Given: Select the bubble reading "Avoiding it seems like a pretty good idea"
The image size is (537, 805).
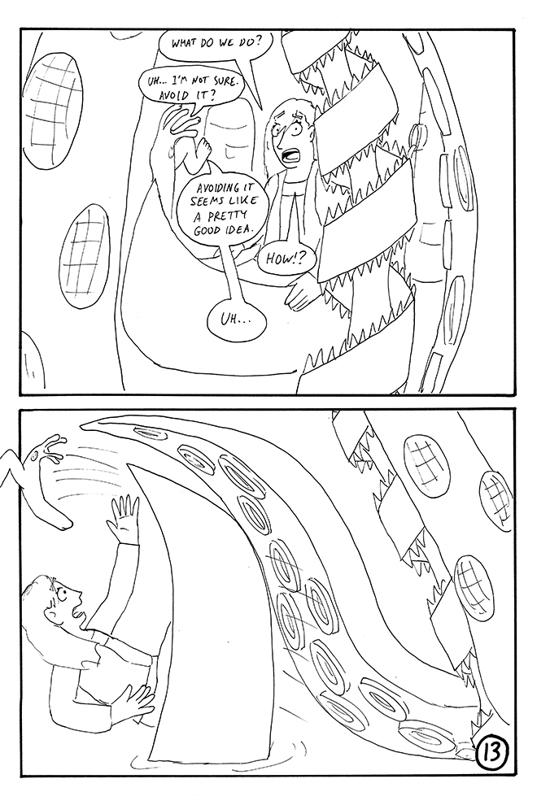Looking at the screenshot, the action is (222, 206).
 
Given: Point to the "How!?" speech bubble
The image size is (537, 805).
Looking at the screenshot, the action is (285, 259).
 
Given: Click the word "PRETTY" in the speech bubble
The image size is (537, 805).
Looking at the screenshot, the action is (222, 216).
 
